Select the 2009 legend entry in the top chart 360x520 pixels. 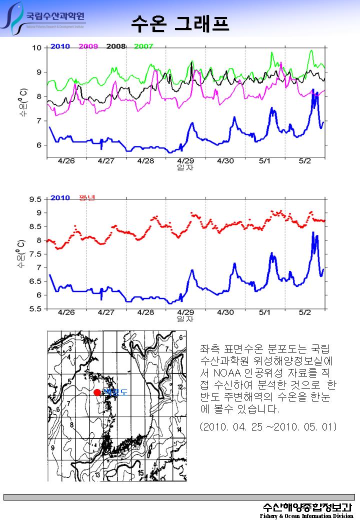point(88,46)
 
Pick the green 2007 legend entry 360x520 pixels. point(144,46)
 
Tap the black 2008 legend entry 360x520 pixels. point(116,46)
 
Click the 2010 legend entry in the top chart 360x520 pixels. point(60,46)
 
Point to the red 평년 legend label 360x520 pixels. point(87,198)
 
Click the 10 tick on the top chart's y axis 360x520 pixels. point(37,48)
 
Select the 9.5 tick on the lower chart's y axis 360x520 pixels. point(34,199)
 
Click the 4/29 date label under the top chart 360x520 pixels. point(185,161)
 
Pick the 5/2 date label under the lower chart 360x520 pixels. point(304,312)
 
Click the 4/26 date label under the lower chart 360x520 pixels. point(66,312)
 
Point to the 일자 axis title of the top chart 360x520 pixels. point(185,167)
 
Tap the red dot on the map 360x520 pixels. point(97,392)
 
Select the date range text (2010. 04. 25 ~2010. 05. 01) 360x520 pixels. point(268,427)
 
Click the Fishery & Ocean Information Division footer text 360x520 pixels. point(306,515)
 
